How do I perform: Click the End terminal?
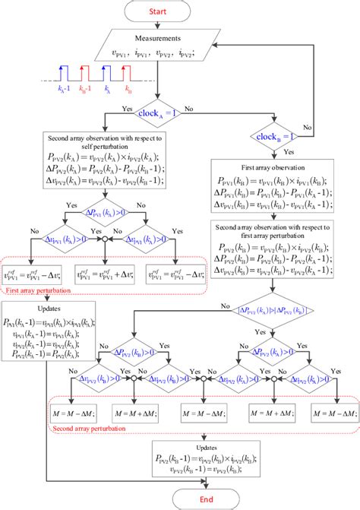(179, 499)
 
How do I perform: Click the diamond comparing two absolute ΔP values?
(270, 309)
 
